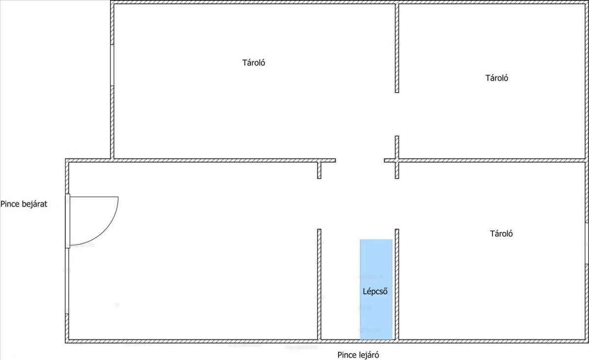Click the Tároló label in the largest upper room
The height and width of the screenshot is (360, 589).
(253, 63)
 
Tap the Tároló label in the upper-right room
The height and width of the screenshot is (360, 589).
(497, 78)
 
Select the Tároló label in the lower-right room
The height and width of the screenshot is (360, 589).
(501, 234)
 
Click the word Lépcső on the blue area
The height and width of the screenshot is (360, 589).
(375, 291)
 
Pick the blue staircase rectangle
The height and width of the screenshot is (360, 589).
(376, 260)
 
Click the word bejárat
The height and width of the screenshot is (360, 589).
(33, 204)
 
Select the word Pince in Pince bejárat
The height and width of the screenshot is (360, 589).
(10, 204)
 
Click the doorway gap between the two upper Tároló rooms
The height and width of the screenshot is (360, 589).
(397, 114)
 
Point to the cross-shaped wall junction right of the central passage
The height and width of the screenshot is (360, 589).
(397, 160)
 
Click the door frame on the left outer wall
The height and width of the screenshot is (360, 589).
(68, 221)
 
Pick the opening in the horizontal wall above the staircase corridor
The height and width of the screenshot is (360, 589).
(360, 160)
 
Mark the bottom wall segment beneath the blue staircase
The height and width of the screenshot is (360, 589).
(376, 340)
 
